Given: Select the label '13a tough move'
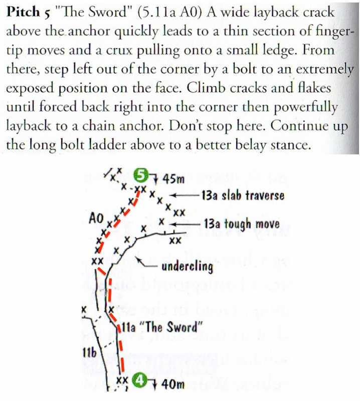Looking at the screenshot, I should click(242, 223).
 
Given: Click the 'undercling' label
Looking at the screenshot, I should click(187, 266).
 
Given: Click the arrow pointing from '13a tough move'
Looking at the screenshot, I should click(185, 223).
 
